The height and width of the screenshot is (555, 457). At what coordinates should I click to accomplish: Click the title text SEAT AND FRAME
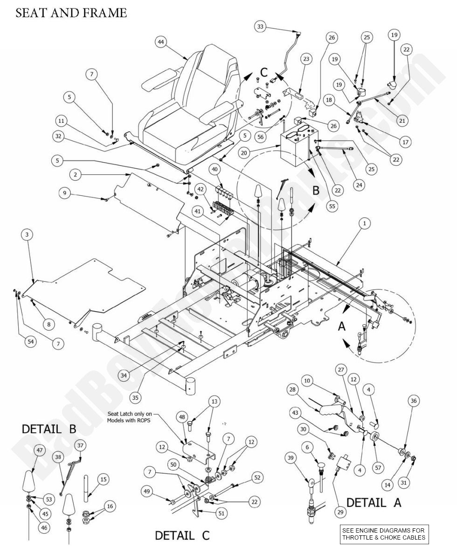71,13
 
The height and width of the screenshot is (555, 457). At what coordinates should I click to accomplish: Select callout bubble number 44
161,42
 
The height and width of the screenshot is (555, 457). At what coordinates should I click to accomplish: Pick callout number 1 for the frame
364,224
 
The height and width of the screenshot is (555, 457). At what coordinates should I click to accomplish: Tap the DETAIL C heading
175,535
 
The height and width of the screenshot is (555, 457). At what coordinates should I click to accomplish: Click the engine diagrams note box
383,533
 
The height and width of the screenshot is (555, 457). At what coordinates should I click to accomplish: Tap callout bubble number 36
413,400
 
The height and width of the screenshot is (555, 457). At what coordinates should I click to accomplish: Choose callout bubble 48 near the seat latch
181,416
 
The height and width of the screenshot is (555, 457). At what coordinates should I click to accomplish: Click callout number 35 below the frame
135,398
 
